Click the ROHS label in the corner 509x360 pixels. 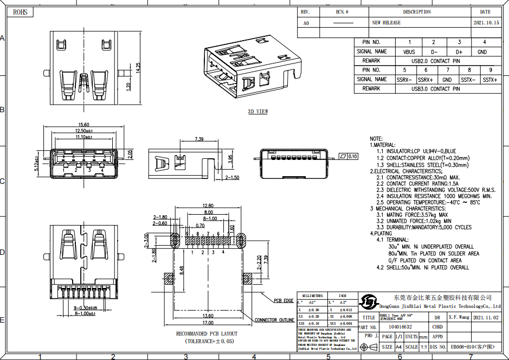pos(20,11)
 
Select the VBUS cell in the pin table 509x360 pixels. pos(409,52)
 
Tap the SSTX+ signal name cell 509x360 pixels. pos(490,80)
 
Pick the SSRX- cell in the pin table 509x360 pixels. pos(404,80)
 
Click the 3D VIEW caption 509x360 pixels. pos(258,112)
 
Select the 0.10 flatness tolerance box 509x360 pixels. pos(352,156)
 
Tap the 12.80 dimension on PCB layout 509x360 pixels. pos(208,205)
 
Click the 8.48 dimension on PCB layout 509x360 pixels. pos(182,269)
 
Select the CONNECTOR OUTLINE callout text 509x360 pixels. pos(274,320)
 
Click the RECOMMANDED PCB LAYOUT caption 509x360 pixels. pos(207,334)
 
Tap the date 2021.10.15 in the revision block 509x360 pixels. pos(485,23)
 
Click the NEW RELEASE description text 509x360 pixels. pos(386,23)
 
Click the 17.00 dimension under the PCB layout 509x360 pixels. pos(208,323)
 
